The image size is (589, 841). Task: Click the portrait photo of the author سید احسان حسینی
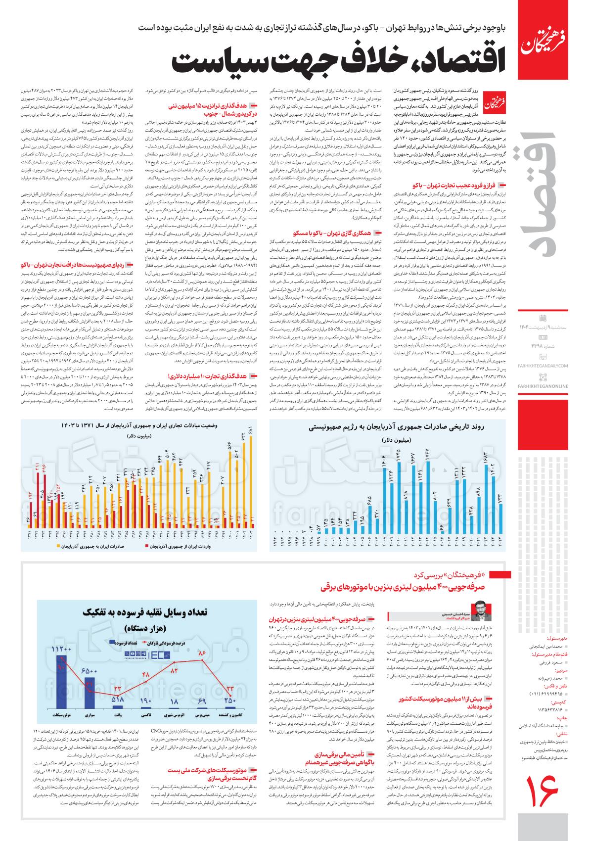pos(478,611)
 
